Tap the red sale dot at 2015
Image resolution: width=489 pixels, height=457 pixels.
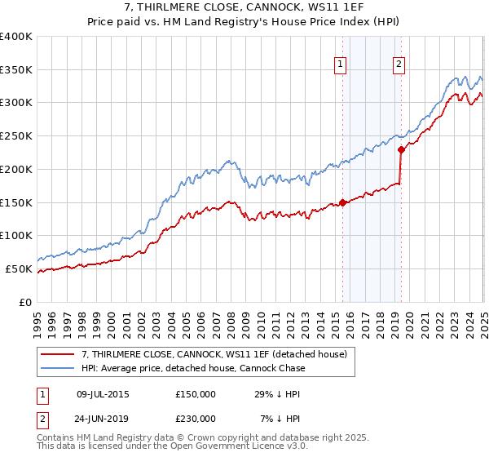[343, 202]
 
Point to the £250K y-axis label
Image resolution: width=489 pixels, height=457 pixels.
[16, 136]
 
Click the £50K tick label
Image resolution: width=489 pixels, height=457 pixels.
[20, 268]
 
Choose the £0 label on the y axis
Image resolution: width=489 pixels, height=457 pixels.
[26, 302]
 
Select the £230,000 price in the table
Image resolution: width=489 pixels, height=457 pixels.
[196, 419]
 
